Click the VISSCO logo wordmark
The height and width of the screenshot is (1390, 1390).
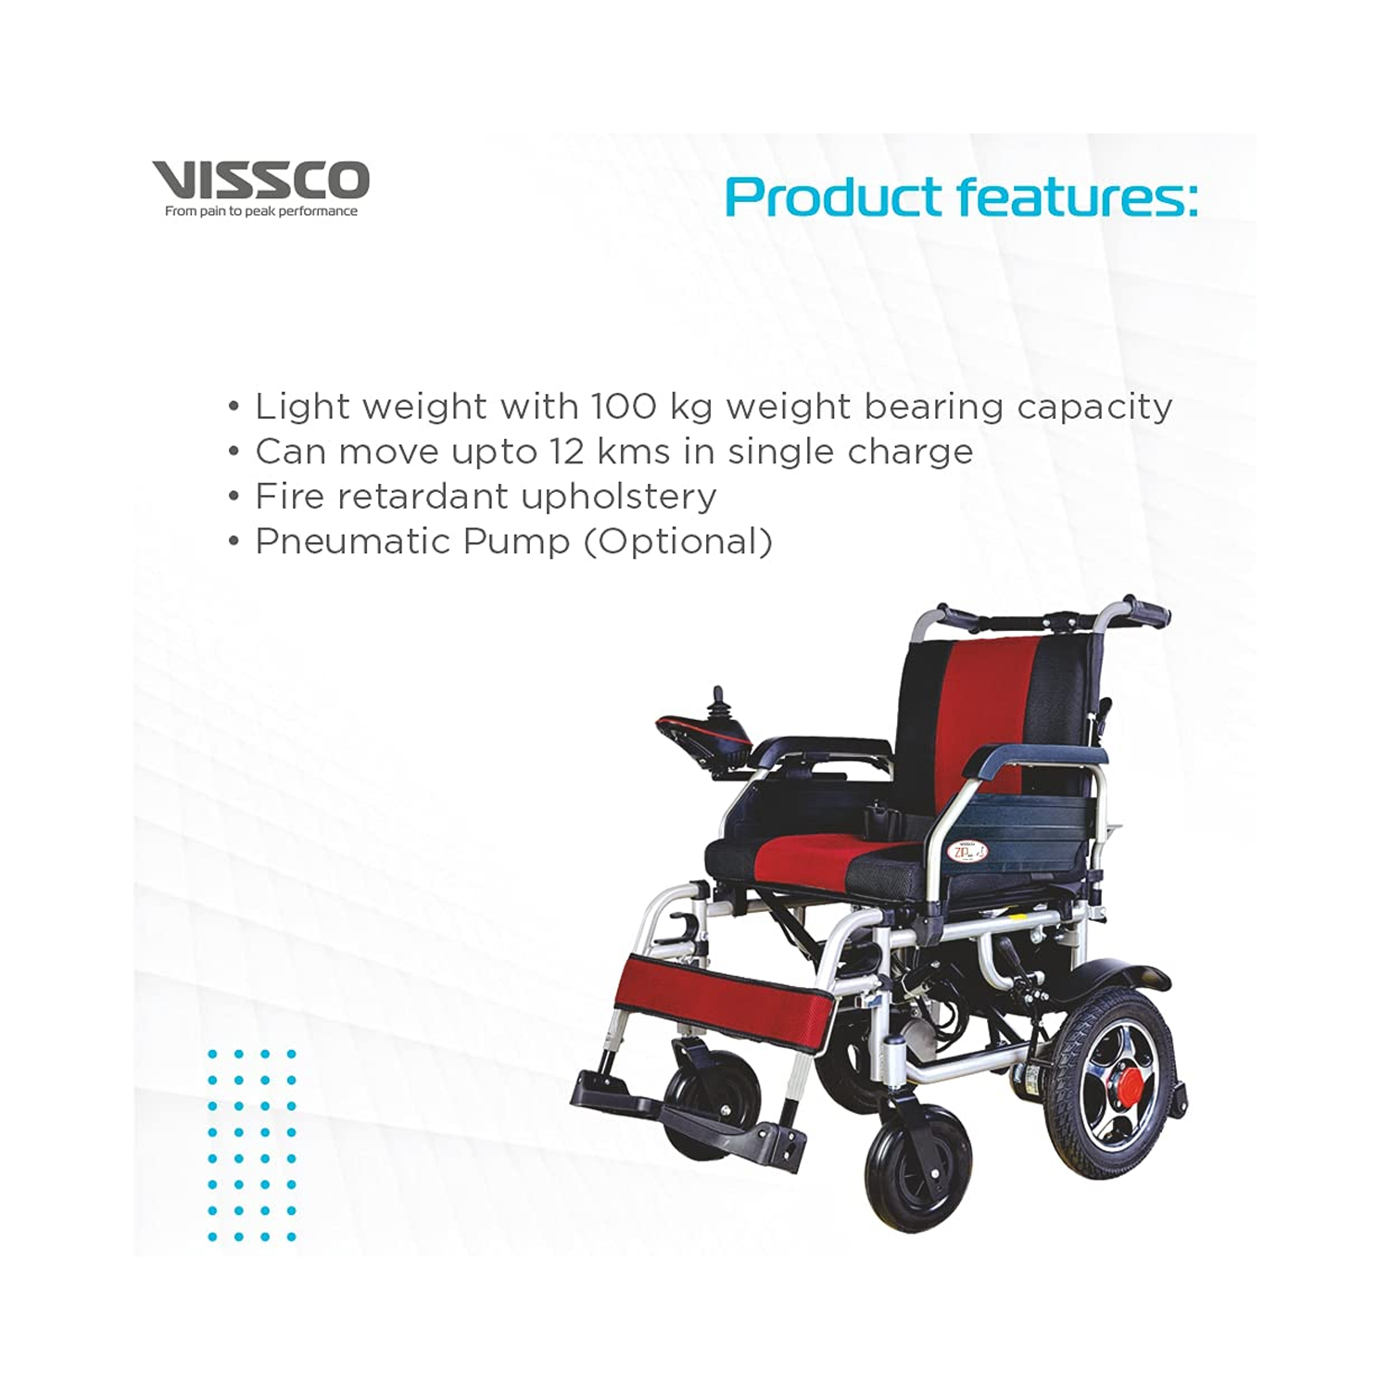click(260, 180)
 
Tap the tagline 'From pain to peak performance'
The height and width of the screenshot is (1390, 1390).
click(260, 211)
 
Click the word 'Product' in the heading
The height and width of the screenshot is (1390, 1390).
click(834, 198)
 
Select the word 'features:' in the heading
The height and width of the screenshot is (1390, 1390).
click(1077, 196)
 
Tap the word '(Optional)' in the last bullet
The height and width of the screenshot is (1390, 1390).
click(677, 541)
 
